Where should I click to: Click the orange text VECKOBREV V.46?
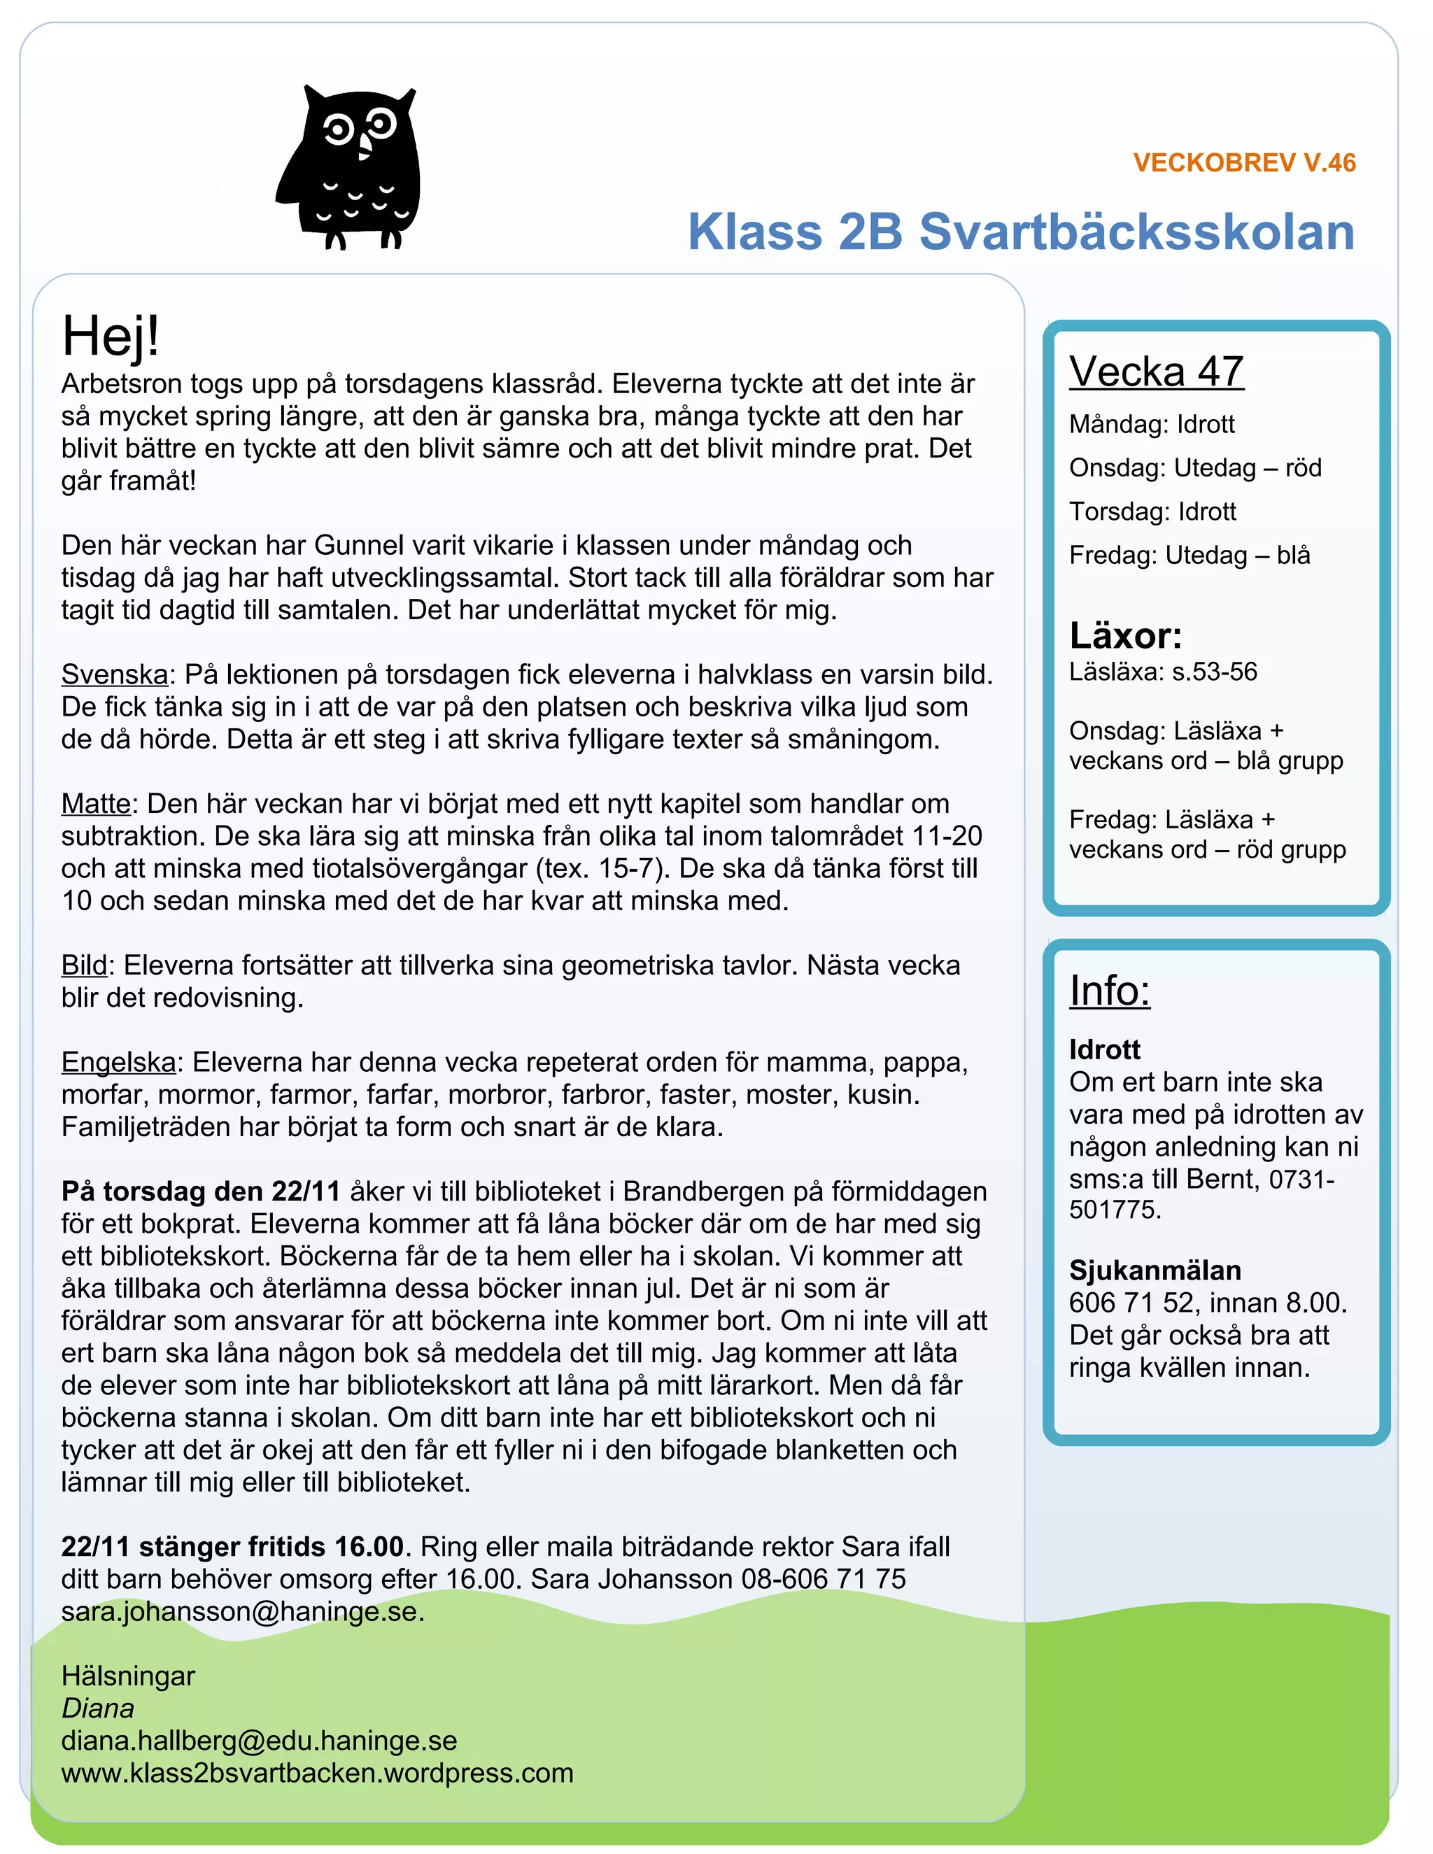(x=1243, y=163)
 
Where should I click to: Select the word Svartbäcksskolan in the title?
(x=1137, y=232)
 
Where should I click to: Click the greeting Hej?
(x=111, y=336)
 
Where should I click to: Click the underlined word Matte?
(x=96, y=803)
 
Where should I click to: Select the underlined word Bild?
(x=84, y=965)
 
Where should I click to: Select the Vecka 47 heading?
(x=1155, y=371)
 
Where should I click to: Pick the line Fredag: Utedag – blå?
(x=1189, y=556)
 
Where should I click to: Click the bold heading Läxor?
(x=1125, y=635)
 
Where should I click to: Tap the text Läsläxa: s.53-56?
(x=1162, y=672)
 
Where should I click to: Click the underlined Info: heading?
(x=1109, y=991)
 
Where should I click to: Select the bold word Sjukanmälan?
(x=1155, y=1270)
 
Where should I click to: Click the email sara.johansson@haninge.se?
(x=242, y=1611)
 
